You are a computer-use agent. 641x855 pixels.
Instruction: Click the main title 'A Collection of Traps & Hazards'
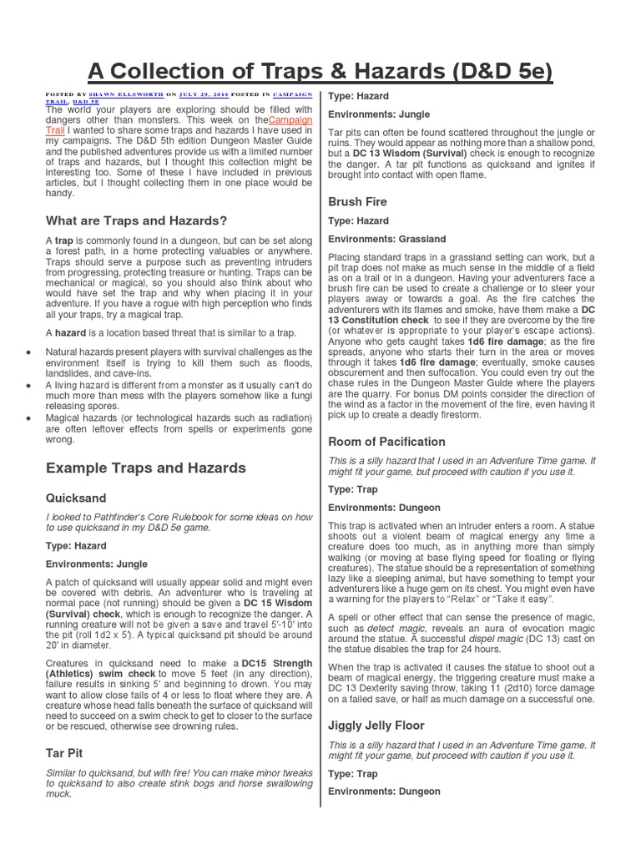320,71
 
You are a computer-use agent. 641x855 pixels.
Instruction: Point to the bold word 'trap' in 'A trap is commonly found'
64,240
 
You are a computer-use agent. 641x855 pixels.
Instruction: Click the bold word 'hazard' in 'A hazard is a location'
70,332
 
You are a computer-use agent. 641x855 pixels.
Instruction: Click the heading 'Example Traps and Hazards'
145,468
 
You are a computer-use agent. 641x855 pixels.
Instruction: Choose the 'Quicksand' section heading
76,498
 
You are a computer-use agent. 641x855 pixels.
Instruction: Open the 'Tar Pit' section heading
63,753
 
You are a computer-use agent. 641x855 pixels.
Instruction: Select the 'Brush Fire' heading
358,201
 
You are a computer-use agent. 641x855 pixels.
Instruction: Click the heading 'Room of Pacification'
387,441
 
